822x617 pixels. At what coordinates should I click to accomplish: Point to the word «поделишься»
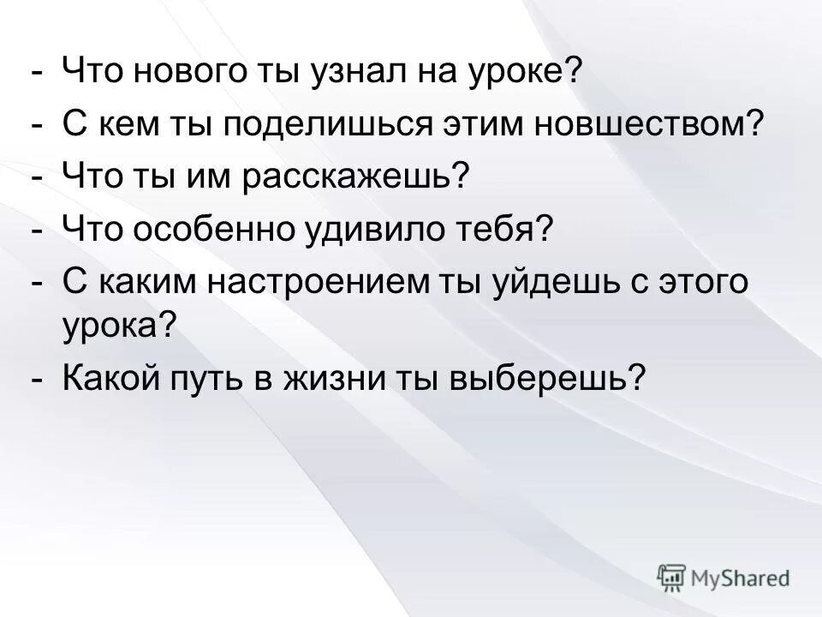click(x=329, y=126)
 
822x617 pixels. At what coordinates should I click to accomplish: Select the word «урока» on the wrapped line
click(x=111, y=325)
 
